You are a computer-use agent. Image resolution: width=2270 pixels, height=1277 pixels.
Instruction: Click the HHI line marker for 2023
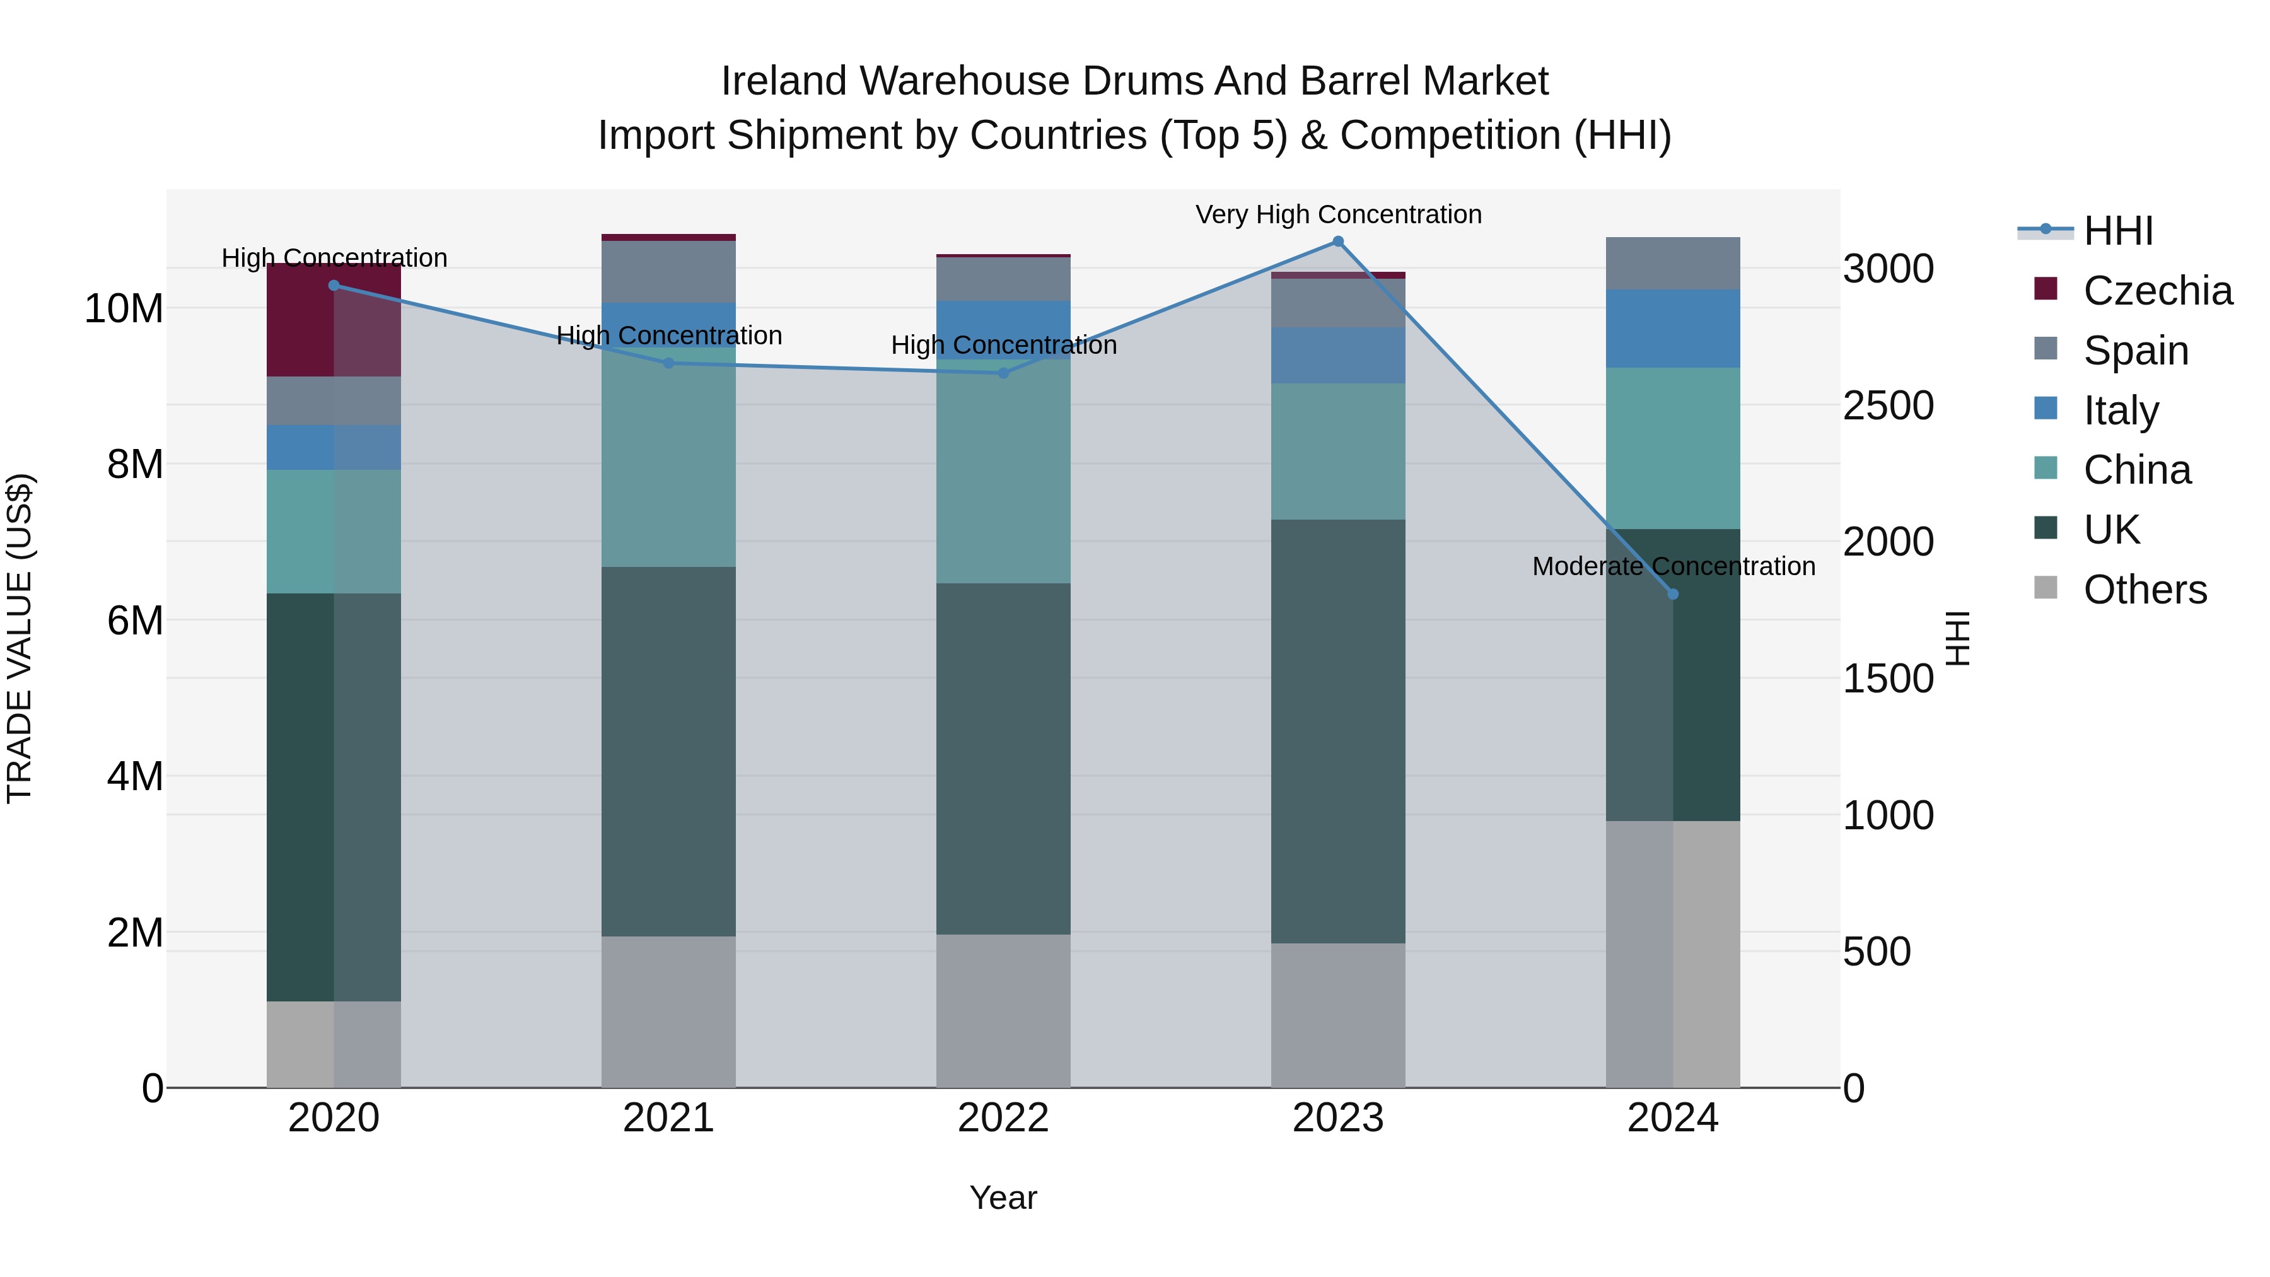pyautogui.click(x=1337, y=242)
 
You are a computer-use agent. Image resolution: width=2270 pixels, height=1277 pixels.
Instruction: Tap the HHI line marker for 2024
pyautogui.click(x=1672, y=594)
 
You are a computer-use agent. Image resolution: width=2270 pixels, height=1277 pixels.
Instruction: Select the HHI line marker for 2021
pyautogui.click(x=668, y=363)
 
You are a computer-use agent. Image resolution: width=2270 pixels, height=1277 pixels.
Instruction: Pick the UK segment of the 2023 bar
pyautogui.click(x=1337, y=732)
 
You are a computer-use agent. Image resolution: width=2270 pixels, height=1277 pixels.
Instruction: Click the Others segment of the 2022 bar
pyautogui.click(x=1003, y=1011)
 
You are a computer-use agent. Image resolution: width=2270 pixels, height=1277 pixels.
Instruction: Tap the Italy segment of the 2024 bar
pyautogui.click(x=1672, y=329)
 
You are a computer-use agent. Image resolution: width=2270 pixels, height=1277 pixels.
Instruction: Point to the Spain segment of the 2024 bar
pyautogui.click(x=1672, y=264)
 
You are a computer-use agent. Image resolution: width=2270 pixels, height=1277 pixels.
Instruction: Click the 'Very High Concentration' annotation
pyautogui.click(x=1337, y=214)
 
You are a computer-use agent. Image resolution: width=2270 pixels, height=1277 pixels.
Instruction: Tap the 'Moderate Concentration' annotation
pyautogui.click(x=1672, y=566)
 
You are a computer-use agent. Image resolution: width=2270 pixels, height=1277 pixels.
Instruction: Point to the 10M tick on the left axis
pyautogui.click(x=124, y=308)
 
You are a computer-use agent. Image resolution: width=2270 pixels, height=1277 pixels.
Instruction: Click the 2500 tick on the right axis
pyautogui.click(x=1887, y=405)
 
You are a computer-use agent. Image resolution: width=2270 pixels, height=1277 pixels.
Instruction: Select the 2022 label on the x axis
pyautogui.click(x=1003, y=1118)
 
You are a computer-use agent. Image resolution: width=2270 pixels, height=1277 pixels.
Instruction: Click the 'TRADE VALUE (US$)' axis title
pyautogui.click(x=20, y=638)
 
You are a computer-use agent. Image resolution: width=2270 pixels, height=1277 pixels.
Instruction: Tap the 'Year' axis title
pyautogui.click(x=1003, y=1198)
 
